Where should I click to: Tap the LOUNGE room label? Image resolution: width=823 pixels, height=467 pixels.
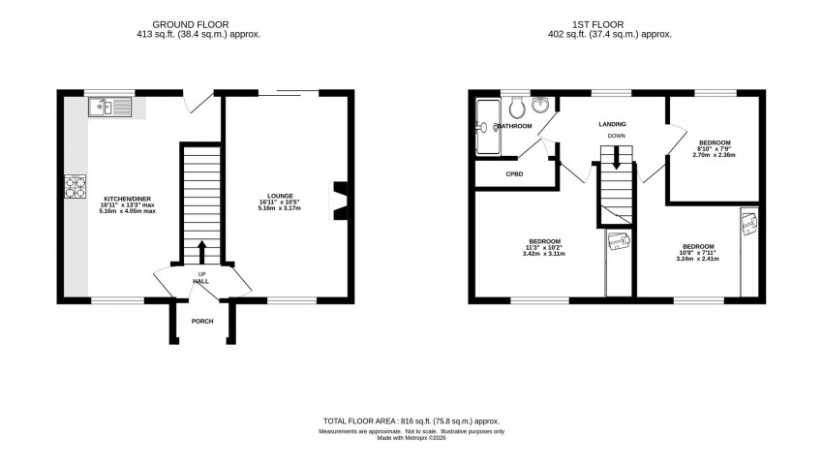[x=281, y=196]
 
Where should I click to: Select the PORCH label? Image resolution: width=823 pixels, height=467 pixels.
[x=202, y=321]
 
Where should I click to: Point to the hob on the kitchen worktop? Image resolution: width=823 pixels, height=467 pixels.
[x=75, y=184]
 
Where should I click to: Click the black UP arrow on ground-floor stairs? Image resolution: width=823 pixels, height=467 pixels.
[x=202, y=252]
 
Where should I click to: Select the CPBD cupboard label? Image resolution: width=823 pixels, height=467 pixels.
[x=514, y=174]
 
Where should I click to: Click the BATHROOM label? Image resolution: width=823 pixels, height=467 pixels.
[x=515, y=126]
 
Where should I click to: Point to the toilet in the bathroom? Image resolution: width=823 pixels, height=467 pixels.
[x=518, y=105]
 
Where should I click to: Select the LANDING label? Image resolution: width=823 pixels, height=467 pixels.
[x=612, y=124]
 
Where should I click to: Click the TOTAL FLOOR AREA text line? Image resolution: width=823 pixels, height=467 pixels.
[x=411, y=421]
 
